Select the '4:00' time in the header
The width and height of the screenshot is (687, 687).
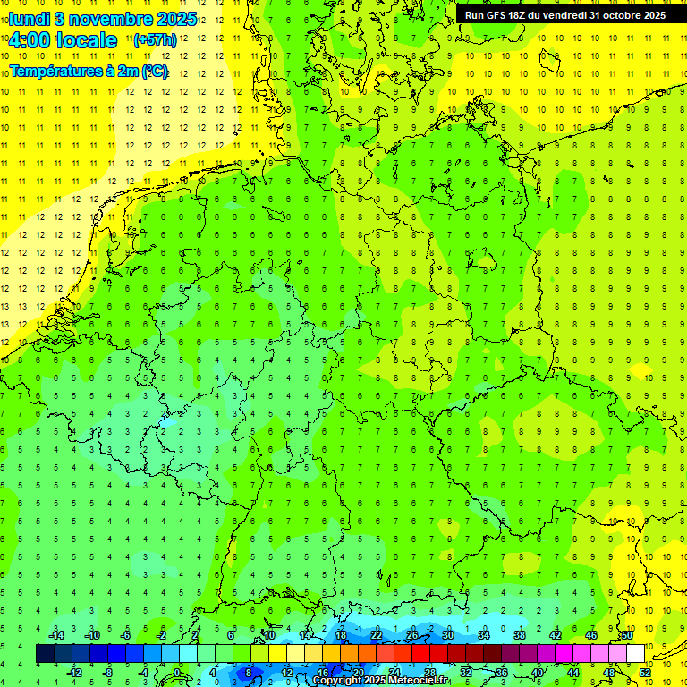(x=30, y=40)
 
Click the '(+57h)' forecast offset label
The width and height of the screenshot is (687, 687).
(x=154, y=40)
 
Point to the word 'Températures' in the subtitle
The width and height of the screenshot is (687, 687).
(x=50, y=71)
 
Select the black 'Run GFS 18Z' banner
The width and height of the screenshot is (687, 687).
(x=564, y=15)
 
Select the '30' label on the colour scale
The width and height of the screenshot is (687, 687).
(x=447, y=635)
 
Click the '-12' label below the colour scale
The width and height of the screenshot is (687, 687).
(x=74, y=673)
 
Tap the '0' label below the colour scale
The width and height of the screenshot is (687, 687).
(x=176, y=673)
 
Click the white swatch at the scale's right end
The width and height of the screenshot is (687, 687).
(x=635, y=654)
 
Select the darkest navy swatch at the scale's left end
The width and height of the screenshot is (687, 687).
(x=45, y=654)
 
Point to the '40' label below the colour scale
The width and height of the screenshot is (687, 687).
(x=537, y=673)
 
